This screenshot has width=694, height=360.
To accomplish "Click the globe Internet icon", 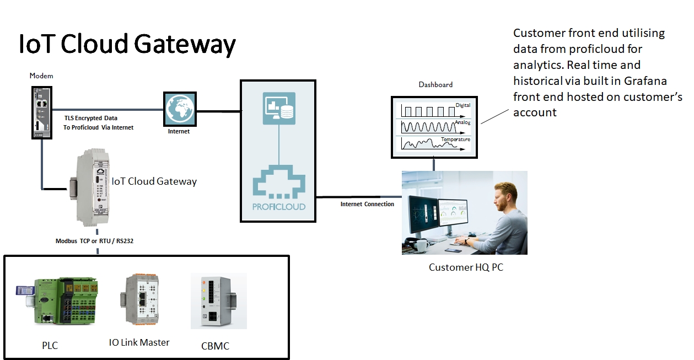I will pyautogui.click(x=180, y=109).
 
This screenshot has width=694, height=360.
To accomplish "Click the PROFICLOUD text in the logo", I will pyautogui.click(x=278, y=207).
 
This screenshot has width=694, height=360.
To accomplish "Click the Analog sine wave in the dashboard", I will pyautogui.click(x=427, y=127).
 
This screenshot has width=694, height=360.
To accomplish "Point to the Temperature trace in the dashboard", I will pyautogui.click(x=427, y=144).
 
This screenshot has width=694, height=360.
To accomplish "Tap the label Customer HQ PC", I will pyautogui.click(x=466, y=267).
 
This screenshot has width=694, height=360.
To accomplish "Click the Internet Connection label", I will pyautogui.click(x=367, y=204).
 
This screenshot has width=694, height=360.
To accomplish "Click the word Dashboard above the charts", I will pyautogui.click(x=435, y=84).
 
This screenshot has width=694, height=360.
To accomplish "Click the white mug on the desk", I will pyautogui.click(x=423, y=245).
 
